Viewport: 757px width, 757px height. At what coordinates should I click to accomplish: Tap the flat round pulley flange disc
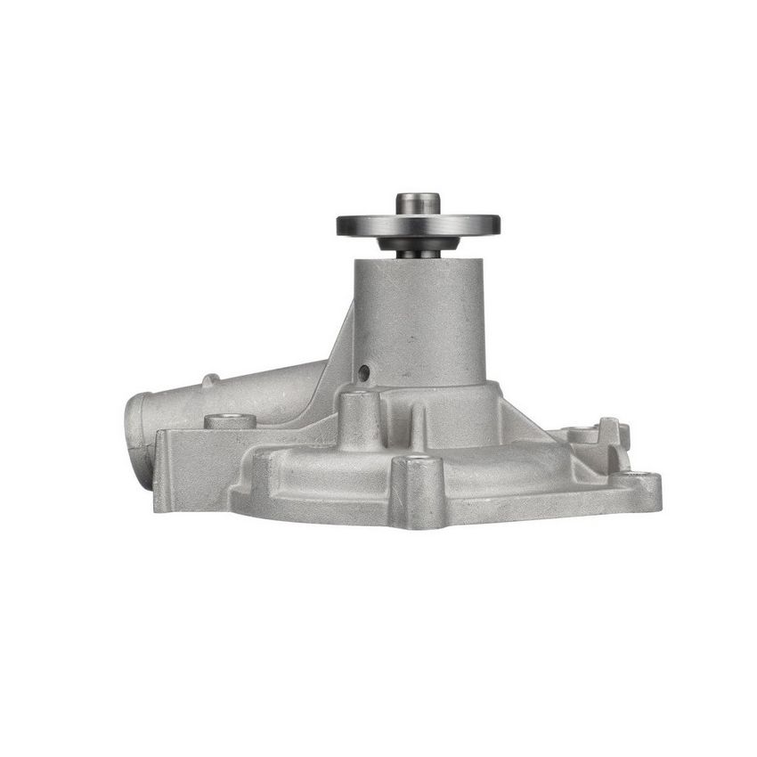coord(418,224)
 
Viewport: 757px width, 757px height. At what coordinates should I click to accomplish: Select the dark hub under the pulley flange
coord(418,243)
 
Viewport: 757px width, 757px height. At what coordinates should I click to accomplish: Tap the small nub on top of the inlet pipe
coord(208,380)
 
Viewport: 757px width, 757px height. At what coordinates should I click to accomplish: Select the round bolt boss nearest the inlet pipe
coord(230,420)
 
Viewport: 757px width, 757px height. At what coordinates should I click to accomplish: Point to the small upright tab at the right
coord(610,431)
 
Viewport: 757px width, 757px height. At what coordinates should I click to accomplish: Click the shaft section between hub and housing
coord(418,255)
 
